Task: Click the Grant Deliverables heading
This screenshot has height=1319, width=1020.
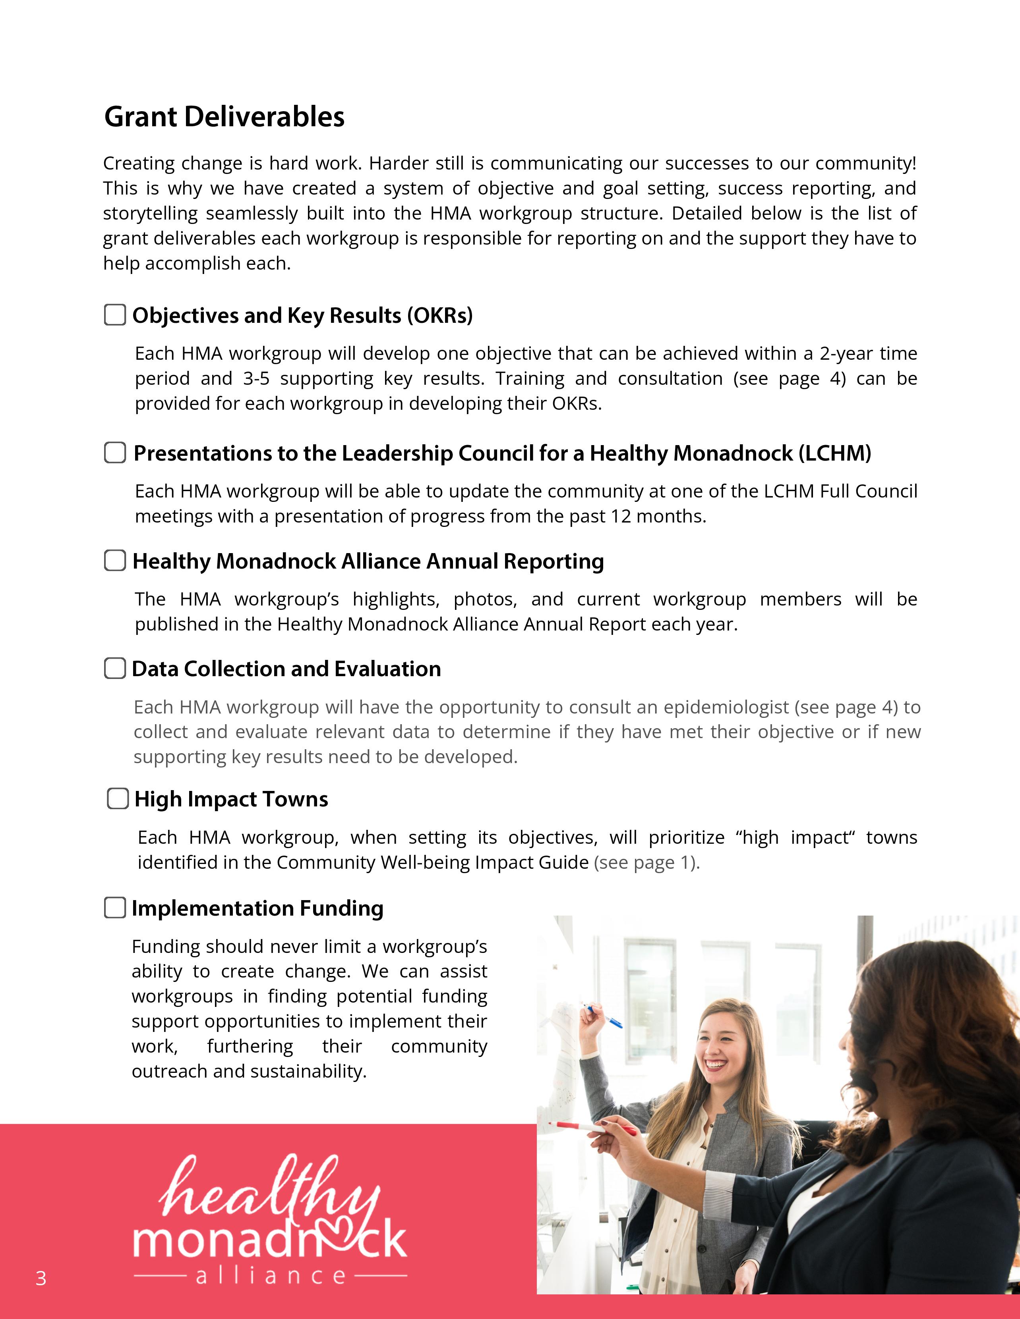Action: [x=224, y=117]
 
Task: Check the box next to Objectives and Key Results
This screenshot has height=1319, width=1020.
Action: [x=115, y=314]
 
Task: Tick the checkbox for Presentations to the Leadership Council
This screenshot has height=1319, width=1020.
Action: [x=115, y=452]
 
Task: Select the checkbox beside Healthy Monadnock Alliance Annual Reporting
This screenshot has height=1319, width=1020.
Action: [x=115, y=561]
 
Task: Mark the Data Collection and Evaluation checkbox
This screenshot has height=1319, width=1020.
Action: [x=115, y=668]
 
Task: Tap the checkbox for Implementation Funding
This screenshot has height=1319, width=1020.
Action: [x=115, y=908]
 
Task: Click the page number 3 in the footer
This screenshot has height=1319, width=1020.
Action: [x=41, y=1279]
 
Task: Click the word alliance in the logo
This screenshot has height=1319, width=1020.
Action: [x=271, y=1276]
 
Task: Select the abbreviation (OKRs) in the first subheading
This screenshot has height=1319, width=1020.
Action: [x=439, y=315]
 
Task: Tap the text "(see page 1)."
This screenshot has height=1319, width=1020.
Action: [x=646, y=862]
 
